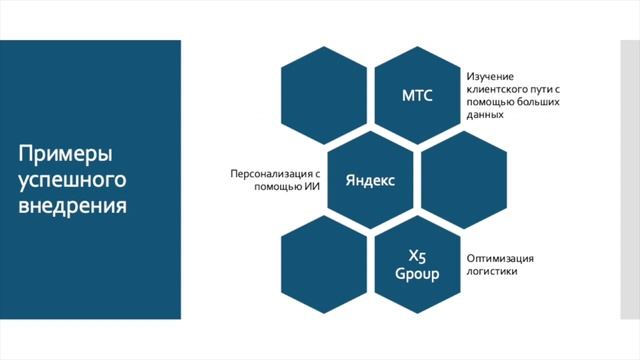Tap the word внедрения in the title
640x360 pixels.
coord(72,207)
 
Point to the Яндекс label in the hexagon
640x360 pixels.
coord(370,181)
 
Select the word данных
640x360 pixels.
coord(484,115)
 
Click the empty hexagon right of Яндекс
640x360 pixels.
coord(463,181)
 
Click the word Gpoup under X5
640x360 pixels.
coord(417,273)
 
